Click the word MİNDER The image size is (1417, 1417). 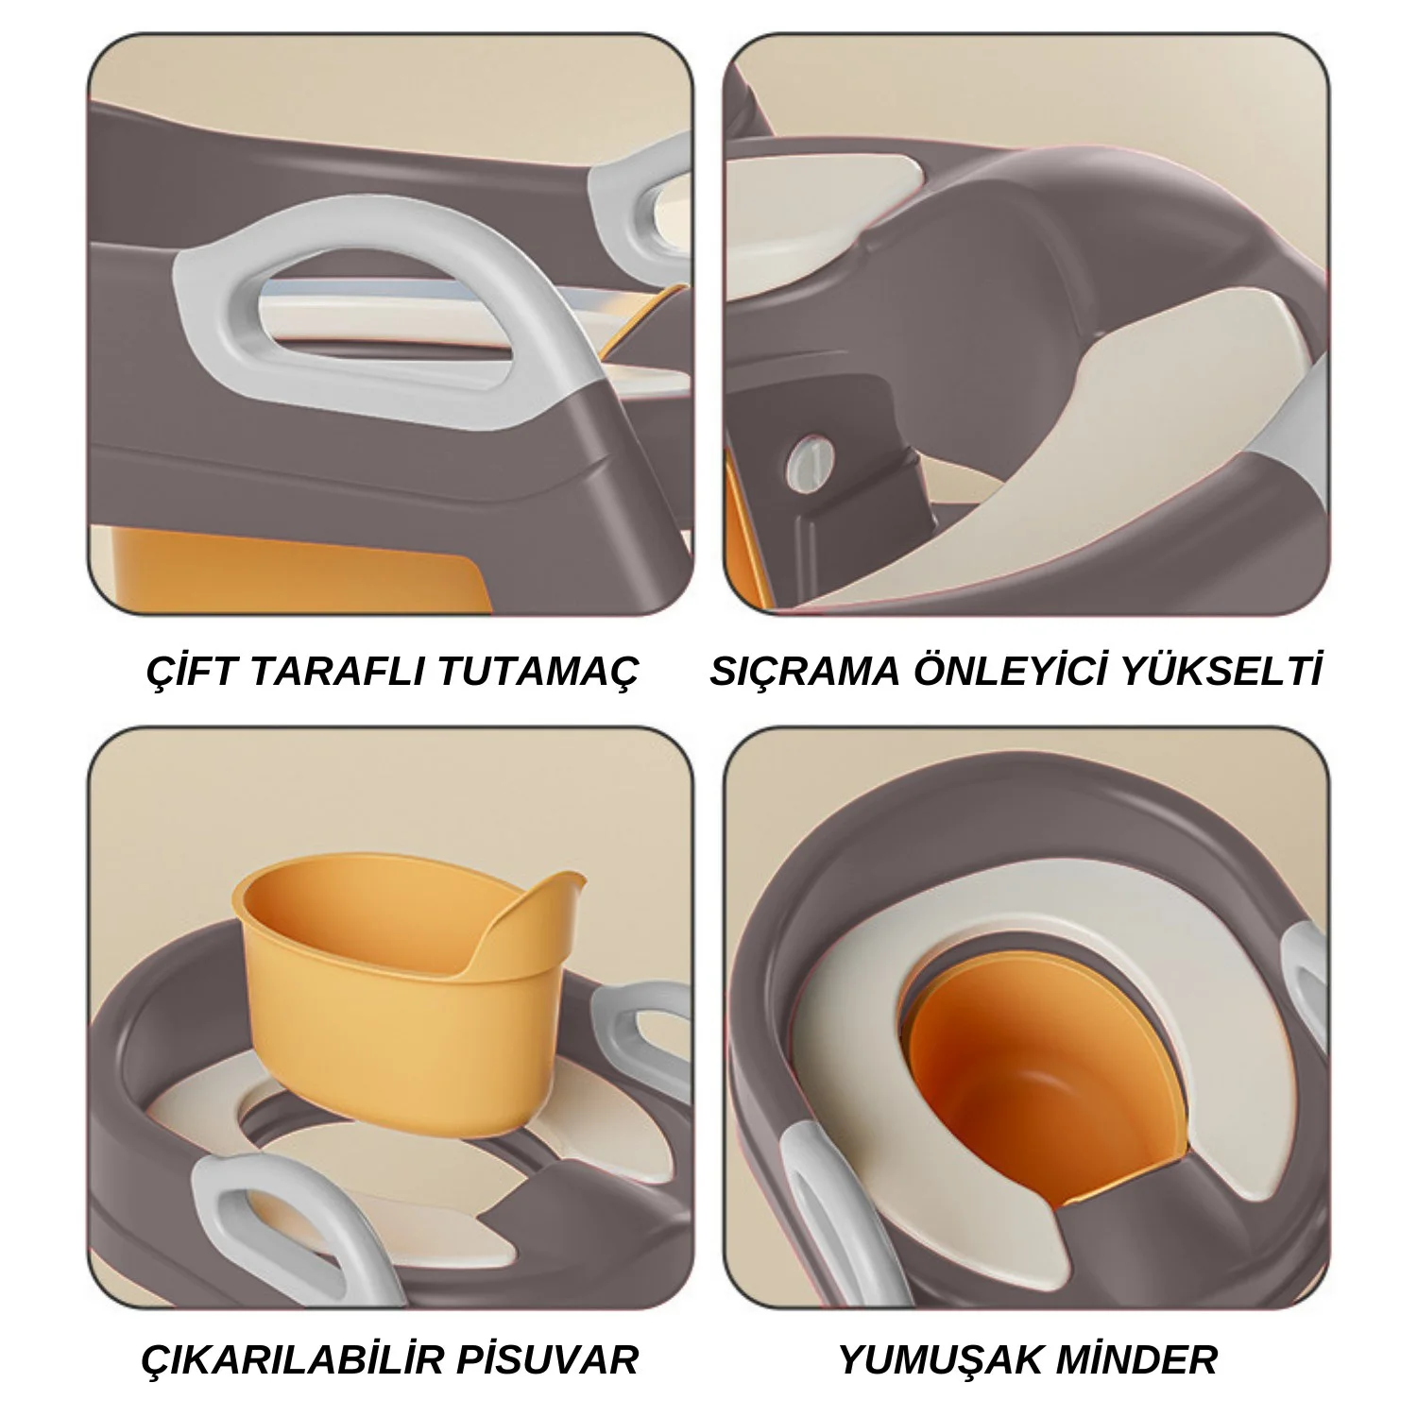coord(1133,1358)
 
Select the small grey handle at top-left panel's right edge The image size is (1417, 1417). coord(642,189)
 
